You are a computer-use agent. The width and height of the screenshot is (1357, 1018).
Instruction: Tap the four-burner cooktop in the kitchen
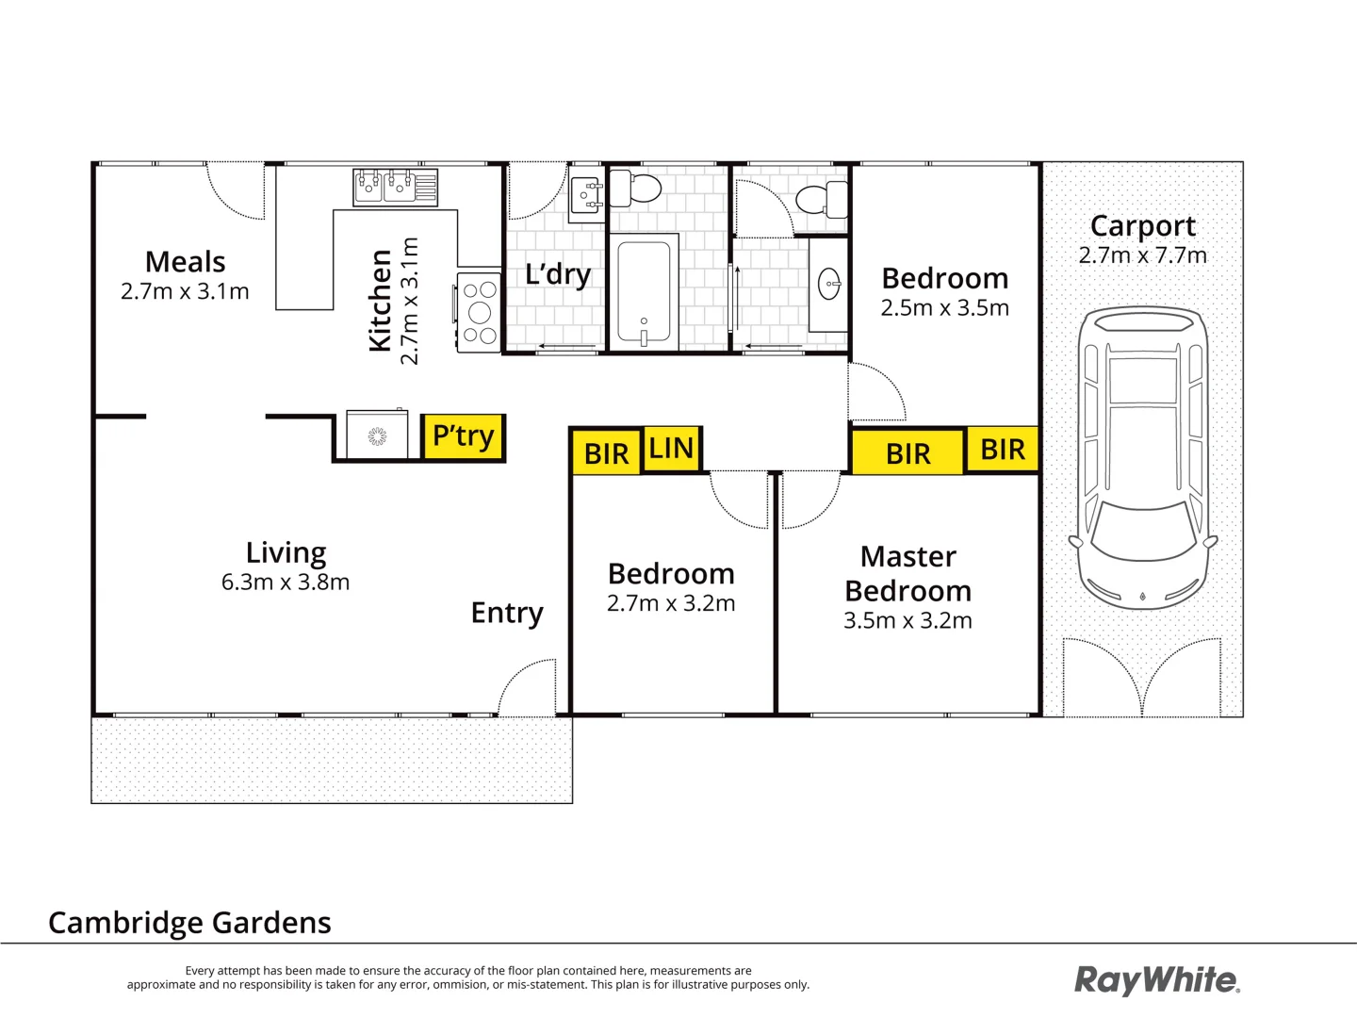[x=479, y=312]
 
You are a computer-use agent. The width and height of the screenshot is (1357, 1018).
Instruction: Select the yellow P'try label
[x=463, y=436]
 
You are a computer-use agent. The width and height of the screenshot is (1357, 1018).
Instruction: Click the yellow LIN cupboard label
[x=671, y=449]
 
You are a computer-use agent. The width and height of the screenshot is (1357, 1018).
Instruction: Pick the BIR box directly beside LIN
[x=606, y=453]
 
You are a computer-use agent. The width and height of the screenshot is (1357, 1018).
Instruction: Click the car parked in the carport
[x=1142, y=457]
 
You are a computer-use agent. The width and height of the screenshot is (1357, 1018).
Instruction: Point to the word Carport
[x=1142, y=226]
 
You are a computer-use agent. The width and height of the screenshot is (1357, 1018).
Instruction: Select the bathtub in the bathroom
[x=644, y=292]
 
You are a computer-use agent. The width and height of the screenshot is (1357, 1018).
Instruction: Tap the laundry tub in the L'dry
[x=587, y=195]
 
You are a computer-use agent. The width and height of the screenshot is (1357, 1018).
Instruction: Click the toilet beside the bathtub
[x=637, y=188]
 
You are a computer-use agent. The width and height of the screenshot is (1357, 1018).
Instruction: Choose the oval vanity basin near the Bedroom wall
[x=829, y=284]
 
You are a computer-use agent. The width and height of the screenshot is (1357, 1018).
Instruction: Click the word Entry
[x=507, y=613]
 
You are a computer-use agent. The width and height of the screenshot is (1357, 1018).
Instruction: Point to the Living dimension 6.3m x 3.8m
[x=286, y=583]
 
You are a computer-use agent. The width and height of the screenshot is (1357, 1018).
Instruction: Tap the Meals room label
[x=186, y=261]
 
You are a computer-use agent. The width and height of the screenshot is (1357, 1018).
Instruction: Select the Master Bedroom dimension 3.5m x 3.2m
[x=907, y=620]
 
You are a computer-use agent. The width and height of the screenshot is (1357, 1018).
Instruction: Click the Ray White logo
[x=1156, y=980]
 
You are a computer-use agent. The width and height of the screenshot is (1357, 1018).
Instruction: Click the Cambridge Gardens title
[x=189, y=922]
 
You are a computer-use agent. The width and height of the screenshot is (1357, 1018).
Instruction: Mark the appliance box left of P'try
[x=377, y=435]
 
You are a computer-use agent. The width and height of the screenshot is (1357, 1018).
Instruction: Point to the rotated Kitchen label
[x=380, y=301]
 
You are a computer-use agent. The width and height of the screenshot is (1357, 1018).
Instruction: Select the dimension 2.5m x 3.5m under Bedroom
[x=944, y=308]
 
